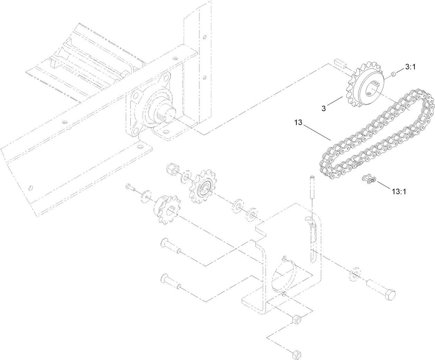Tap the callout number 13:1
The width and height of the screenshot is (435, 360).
pos(399,191)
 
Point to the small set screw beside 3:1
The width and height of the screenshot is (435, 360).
pos(393,74)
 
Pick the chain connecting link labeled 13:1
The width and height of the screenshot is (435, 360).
pos(369,179)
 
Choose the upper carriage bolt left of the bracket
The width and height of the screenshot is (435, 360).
pos(170,247)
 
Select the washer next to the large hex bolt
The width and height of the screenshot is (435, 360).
pos(355,273)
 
